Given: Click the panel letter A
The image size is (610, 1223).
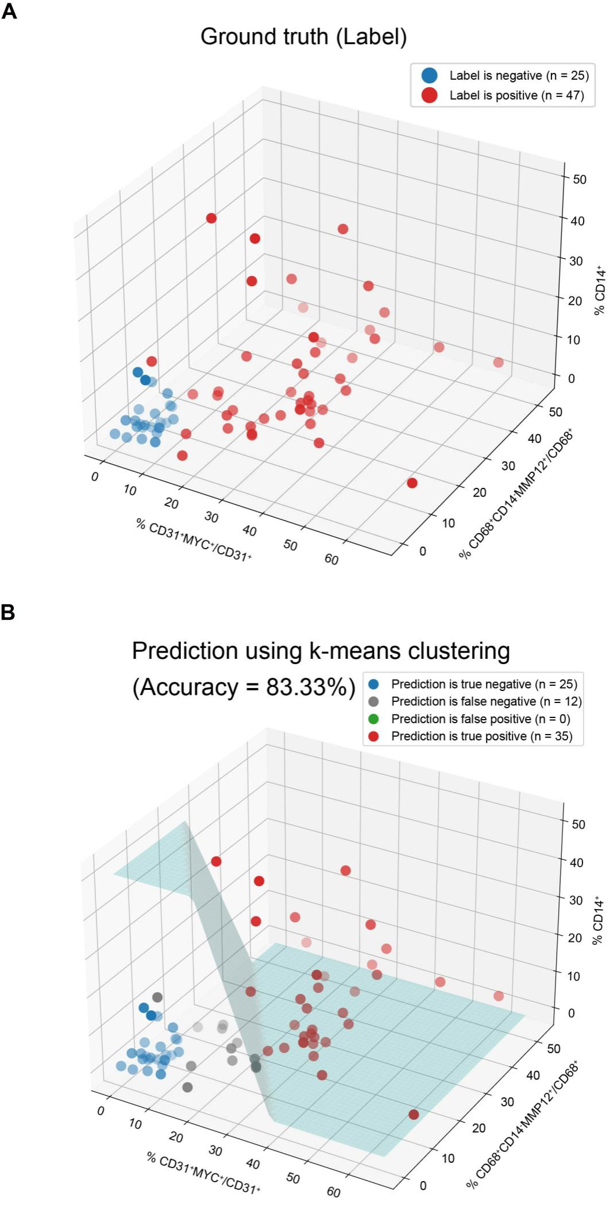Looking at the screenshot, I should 9,11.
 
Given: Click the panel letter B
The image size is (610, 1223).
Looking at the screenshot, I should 8,612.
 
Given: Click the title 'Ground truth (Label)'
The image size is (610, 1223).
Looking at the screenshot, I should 303,37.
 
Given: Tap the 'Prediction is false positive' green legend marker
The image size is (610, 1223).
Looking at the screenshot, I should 373,719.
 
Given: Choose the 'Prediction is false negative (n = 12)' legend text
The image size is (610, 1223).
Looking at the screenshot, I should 486,701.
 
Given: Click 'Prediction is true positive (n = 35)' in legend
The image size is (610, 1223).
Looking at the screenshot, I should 481,736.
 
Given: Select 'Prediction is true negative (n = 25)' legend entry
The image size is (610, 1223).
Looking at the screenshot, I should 484,684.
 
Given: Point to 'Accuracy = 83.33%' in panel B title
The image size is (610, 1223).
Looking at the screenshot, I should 244,687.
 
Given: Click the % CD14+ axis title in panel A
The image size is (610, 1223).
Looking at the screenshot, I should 600,290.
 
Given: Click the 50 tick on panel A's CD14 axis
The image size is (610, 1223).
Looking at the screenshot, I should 580,179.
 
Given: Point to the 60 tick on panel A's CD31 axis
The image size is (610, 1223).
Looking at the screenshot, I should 331,559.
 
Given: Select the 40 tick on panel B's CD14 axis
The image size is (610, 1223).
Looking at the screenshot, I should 576,863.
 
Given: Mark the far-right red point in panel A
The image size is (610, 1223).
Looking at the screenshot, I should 499,362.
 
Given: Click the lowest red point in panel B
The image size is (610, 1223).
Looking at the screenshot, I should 414,1114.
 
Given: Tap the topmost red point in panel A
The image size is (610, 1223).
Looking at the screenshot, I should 211,218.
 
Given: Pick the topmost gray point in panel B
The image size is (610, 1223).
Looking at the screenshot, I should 157,997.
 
